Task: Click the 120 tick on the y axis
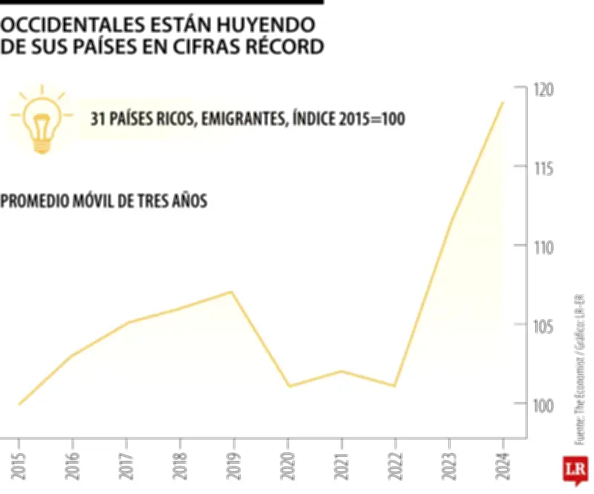click(x=544, y=90)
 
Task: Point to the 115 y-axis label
click(x=544, y=168)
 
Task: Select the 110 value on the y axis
click(x=544, y=247)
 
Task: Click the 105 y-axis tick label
click(x=544, y=326)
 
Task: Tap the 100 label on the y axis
click(x=544, y=405)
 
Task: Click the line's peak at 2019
click(x=233, y=292)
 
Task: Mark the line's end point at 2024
click(x=503, y=102)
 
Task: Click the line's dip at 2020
click(x=288, y=386)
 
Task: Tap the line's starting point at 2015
click(x=19, y=404)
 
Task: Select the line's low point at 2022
click(x=395, y=386)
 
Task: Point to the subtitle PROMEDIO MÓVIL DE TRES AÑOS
click(x=104, y=201)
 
